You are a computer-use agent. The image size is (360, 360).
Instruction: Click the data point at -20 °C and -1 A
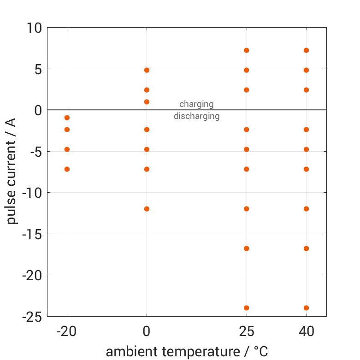pyautogui.click(x=67, y=118)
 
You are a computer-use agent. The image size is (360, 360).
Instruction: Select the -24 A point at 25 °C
pyautogui.click(x=247, y=308)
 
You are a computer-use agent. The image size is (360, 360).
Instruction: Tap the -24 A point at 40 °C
pyautogui.click(x=306, y=308)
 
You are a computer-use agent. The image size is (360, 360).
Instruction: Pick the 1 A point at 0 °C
pyautogui.click(x=147, y=102)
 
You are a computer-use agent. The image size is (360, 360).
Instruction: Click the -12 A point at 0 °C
pyautogui.click(x=147, y=209)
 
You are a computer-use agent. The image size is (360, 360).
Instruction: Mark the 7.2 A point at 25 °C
pyautogui.click(x=247, y=50)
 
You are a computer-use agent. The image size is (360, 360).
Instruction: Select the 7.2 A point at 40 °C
pyautogui.click(x=306, y=50)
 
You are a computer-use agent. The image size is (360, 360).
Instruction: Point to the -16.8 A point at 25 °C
pyautogui.click(x=247, y=248)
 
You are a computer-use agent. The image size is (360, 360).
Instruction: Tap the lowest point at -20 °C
pyautogui.click(x=67, y=169)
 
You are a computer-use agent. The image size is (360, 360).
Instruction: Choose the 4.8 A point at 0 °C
pyautogui.click(x=147, y=70)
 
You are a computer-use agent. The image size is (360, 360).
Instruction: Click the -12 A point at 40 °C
pyautogui.click(x=306, y=209)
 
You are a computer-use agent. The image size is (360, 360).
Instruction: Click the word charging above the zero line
pyautogui.click(x=196, y=104)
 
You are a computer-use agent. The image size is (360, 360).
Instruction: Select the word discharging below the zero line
pyautogui.click(x=196, y=116)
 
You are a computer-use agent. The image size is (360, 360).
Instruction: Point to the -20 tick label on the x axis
pyautogui.click(x=67, y=331)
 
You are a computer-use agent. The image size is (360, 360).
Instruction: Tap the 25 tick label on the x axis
pyautogui.click(x=247, y=331)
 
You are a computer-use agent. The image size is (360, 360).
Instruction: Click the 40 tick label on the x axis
pyautogui.click(x=306, y=331)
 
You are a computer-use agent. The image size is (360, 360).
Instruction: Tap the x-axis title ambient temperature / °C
pyautogui.click(x=187, y=352)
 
